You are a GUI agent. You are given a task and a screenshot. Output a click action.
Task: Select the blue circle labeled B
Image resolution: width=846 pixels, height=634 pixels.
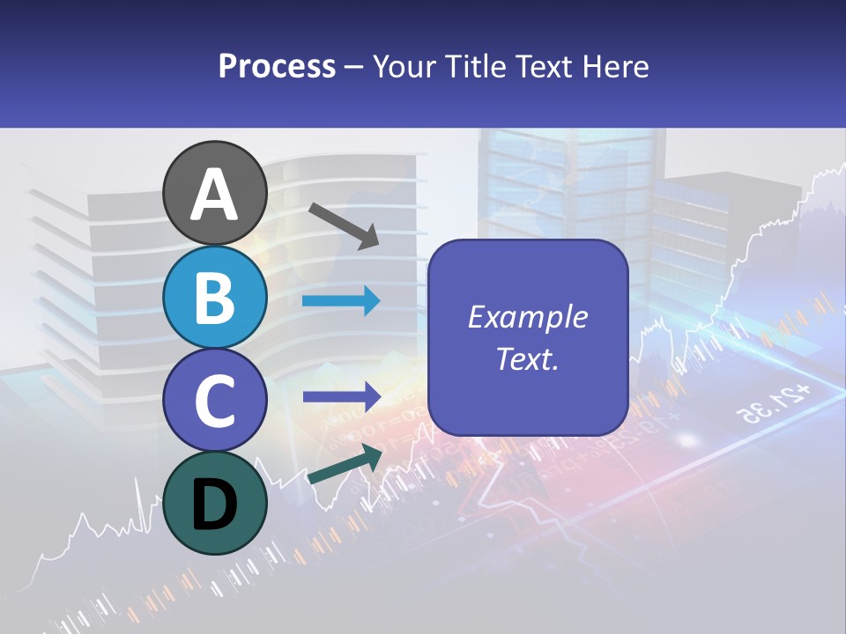tap(215, 297)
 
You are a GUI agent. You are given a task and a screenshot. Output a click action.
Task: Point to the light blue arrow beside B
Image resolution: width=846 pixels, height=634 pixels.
tap(341, 301)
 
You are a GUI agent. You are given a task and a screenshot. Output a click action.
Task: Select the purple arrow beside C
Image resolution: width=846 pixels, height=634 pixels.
tap(341, 396)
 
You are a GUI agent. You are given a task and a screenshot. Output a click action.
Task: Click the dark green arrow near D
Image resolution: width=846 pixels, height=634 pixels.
tap(345, 465)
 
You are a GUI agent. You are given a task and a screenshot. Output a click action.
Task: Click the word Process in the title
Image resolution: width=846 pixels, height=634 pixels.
tap(277, 66)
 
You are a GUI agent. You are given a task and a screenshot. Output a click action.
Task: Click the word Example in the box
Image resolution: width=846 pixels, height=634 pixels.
tap(527, 317)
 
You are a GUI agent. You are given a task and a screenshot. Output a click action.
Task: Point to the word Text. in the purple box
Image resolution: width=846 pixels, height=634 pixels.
tap(527, 359)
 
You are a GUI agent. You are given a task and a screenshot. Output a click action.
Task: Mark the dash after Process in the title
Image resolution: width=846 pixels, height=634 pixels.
tap(354, 67)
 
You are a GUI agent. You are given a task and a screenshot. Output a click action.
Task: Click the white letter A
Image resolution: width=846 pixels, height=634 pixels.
tap(215, 194)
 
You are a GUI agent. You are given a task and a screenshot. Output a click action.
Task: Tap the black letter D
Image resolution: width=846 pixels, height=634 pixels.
tap(215, 505)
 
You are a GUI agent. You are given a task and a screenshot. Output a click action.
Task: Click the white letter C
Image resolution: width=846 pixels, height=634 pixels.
tap(215, 401)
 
